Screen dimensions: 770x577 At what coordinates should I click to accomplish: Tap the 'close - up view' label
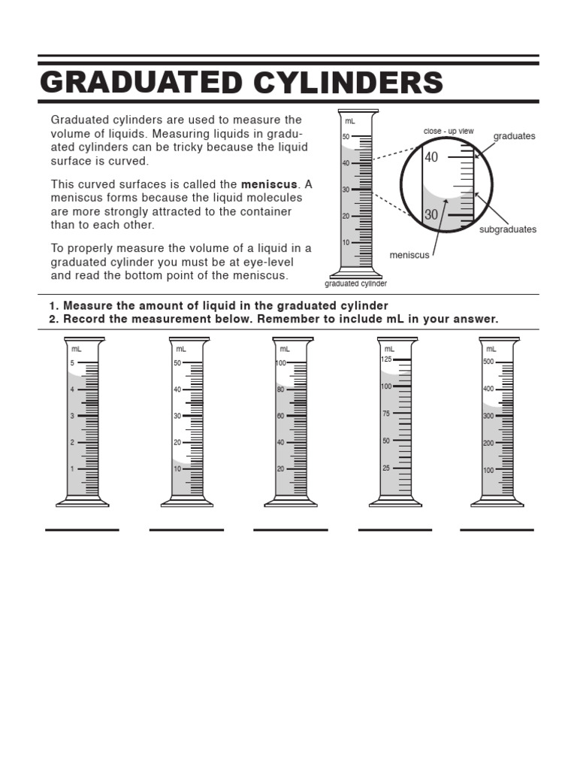coord(449,131)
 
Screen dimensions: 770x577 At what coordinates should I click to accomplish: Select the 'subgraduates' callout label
coord(508,229)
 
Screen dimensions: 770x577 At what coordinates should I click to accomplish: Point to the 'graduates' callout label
coord(514,136)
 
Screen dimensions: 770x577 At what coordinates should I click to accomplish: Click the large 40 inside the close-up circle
coord(431,158)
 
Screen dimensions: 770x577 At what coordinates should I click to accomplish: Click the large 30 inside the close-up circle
coord(431,214)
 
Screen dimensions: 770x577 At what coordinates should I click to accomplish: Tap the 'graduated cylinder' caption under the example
coord(355,284)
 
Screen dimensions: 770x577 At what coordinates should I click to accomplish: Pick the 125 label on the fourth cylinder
coord(386,359)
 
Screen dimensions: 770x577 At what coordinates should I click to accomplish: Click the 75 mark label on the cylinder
coord(386,414)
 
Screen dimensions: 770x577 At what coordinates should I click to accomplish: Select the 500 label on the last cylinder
coord(488,362)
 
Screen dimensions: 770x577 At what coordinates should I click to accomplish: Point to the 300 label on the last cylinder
coord(488,416)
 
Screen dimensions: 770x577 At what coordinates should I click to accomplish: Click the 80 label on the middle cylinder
coord(280,390)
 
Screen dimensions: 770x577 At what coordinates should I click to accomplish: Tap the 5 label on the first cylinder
coord(72,363)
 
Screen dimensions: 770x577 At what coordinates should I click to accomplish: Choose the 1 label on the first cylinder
coord(72,468)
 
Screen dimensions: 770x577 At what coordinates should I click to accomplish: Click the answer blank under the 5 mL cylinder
coord(82,529)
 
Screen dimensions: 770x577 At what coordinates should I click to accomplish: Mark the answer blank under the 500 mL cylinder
coord(497,529)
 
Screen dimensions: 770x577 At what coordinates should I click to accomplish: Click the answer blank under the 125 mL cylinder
coord(395,529)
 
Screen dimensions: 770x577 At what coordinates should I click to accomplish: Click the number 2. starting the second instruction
coord(53,319)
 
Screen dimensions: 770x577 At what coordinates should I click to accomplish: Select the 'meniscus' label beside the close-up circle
coord(409,255)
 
